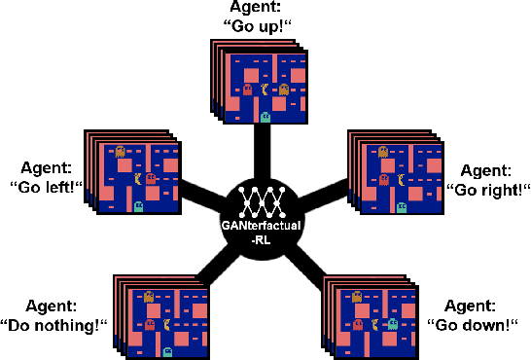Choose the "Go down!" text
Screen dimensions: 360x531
[478, 324]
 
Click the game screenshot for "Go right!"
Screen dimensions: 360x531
[395, 176]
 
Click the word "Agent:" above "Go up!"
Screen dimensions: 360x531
[265, 8]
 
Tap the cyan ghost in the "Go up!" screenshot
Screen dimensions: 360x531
[265, 116]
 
